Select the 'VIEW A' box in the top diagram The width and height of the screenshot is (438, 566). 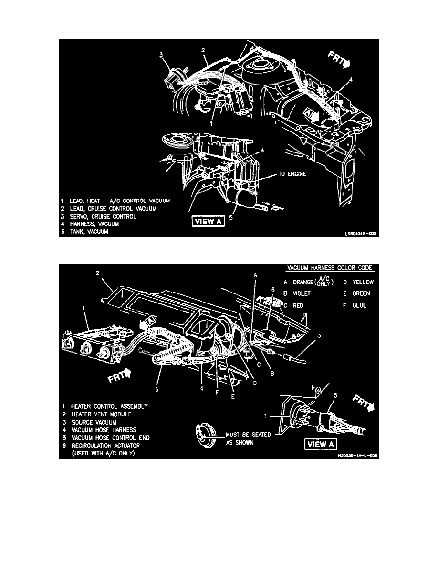(207, 222)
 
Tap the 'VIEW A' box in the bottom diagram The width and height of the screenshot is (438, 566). (321, 444)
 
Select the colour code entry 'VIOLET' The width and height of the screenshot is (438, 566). (302, 293)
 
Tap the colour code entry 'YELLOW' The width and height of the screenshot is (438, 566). (359, 282)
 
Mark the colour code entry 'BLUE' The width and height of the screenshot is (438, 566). (357, 305)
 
